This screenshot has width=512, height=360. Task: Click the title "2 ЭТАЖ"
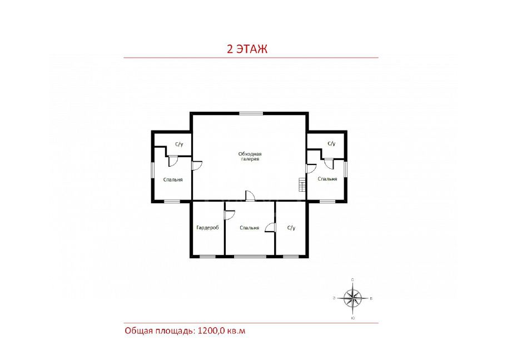(247, 49)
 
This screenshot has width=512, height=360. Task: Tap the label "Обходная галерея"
(250, 156)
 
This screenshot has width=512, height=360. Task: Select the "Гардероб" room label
(208, 227)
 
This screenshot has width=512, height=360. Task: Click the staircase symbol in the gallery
(302, 185)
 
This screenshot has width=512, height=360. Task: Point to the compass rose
(352, 298)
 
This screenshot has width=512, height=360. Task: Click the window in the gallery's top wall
(251, 113)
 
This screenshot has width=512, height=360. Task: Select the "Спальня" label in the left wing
(173, 179)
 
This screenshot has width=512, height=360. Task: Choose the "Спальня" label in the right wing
(327, 179)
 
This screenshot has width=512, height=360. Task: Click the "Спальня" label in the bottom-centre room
(249, 228)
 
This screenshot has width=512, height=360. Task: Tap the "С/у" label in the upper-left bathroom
(178, 144)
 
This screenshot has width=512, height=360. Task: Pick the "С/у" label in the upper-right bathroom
(331, 143)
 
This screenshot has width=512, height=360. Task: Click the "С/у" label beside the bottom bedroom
(291, 228)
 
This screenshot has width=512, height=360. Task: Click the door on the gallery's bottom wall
(250, 196)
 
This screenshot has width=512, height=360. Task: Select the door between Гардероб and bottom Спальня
(230, 215)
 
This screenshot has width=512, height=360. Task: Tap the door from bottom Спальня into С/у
(270, 227)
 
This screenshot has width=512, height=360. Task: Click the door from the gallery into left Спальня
(197, 166)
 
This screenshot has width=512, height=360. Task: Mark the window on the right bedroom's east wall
(345, 169)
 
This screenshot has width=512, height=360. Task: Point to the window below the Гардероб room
(208, 257)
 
